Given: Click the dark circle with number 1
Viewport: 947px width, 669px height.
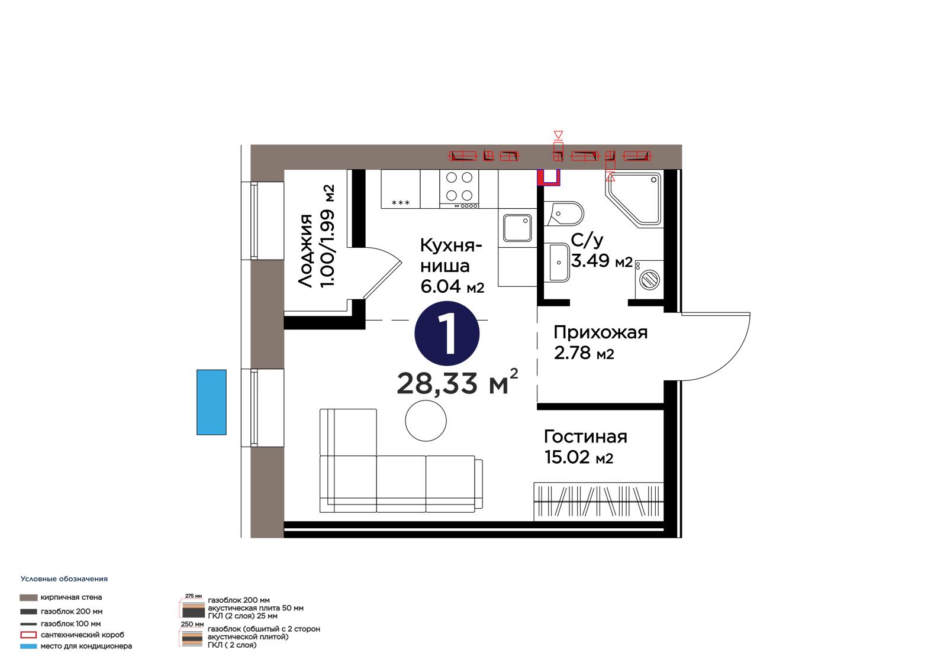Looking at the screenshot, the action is point(447,334).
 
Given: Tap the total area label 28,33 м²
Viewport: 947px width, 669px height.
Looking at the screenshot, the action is point(458,382).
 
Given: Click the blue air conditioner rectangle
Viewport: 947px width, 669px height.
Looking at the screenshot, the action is point(211,402).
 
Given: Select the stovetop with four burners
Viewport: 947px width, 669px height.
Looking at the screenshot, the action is point(459,189).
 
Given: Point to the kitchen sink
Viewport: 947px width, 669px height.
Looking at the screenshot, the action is point(517,228).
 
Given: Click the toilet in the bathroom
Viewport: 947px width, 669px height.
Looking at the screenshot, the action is point(563,214).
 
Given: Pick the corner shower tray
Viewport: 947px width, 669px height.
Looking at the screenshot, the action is point(634,199).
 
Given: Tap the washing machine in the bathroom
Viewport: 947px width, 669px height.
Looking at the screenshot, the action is point(649,279).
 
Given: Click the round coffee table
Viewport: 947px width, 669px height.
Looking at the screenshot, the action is point(426,421).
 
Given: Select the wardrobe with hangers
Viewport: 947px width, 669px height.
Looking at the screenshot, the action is point(598,502).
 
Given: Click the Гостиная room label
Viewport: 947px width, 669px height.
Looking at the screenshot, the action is point(585,437).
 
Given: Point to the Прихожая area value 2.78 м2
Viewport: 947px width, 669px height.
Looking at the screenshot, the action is point(584,353).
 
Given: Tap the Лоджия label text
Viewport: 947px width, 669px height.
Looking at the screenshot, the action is point(305,251).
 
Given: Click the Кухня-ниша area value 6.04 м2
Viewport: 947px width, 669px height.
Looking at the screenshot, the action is point(452,286).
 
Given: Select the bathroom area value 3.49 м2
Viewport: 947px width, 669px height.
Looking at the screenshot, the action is point(601,261).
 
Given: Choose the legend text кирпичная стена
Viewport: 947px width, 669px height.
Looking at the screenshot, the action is point(71,597).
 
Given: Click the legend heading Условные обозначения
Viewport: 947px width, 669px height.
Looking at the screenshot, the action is point(65,579).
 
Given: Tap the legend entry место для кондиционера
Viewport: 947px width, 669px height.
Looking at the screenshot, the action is point(86,646).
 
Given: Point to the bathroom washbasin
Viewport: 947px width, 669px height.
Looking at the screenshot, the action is point(559,263).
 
